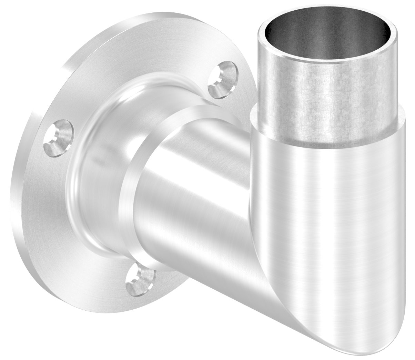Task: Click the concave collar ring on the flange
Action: (103, 172)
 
